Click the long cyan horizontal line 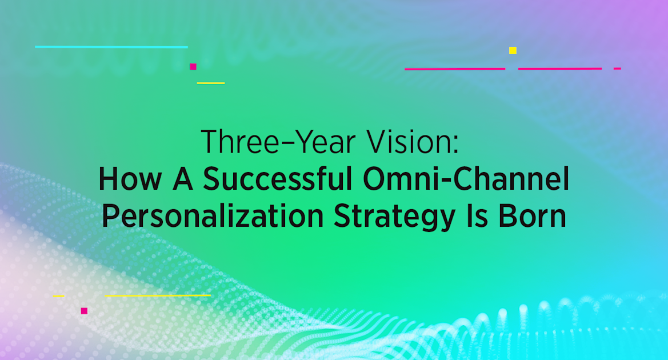click(111, 47)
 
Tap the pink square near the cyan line click(193, 67)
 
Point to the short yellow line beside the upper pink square click(211, 83)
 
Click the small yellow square click(513, 50)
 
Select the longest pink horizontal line click(455, 69)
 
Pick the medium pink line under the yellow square click(560, 69)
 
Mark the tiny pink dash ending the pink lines click(617, 69)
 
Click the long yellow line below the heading click(158, 295)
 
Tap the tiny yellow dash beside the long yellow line click(58, 296)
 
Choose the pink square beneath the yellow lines click(84, 311)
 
